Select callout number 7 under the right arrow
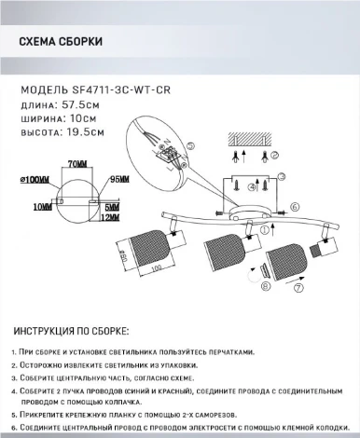pyautogui.click(x=298, y=290)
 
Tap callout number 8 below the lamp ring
pyautogui.click(x=263, y=288)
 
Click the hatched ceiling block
pyautogui.click(x=251, y=136)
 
